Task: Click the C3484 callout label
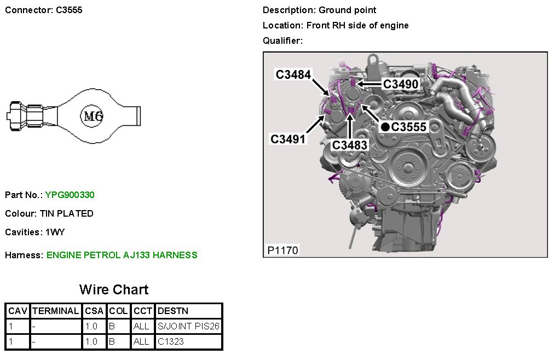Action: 293,74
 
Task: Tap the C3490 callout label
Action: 401,84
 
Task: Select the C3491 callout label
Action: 287,139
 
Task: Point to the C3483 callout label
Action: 350,144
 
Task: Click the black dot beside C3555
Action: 385,127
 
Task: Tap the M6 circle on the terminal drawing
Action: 93,116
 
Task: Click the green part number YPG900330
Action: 70,195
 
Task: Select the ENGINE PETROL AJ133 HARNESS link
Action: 122,255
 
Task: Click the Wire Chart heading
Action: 114,289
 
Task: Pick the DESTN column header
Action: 173,311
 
